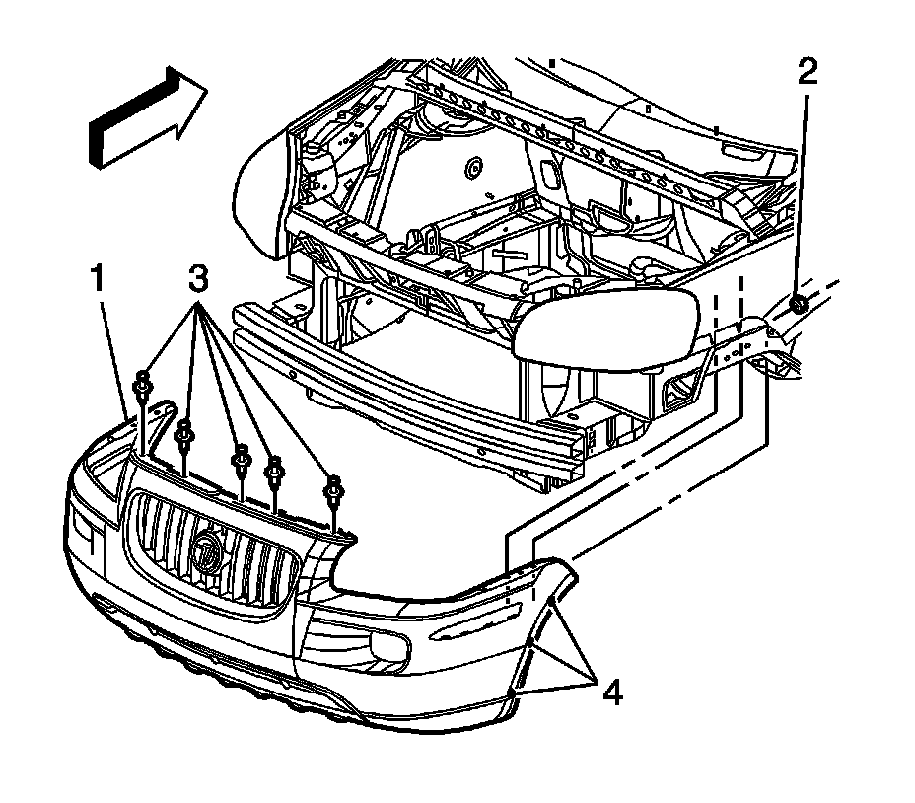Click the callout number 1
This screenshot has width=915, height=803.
pyautogui.click(x=99, y=281)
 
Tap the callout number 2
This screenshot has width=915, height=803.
pyautogui.click(x=808, y=72)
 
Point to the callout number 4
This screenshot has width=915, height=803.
pyautogui.click(x=611, y=693)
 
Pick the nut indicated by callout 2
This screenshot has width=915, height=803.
pyautogui.click(x=801, y=305)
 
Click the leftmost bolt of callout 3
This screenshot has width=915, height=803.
pyautogui.click(x=143, y=386)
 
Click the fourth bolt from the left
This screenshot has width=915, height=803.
pyautogui.click(x=275, y=465)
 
